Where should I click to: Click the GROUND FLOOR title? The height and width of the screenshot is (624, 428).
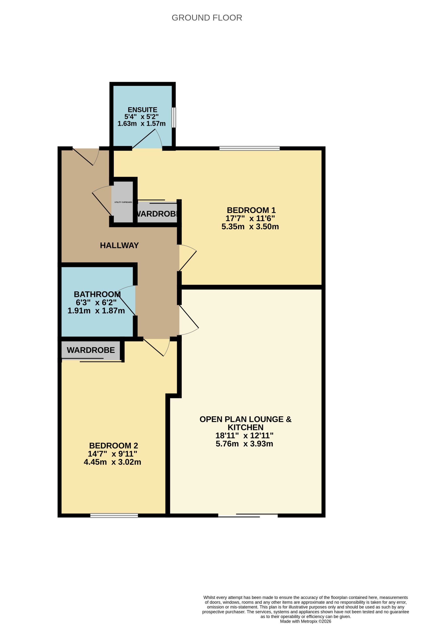(207, 18)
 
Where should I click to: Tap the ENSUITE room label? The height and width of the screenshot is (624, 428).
(143, 110)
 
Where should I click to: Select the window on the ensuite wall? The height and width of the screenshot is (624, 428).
(174, 117)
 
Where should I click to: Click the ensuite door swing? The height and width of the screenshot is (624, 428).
(147, 139)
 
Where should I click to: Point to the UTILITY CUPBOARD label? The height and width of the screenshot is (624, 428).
(123, 202)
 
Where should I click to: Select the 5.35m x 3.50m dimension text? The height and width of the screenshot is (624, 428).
(250, 227)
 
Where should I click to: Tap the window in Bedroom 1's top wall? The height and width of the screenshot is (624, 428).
(249, 148)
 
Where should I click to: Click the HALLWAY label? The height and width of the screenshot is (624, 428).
(119, 245)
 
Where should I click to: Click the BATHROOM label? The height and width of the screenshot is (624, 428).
(97, 294)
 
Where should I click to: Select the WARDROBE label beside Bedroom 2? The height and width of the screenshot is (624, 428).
(91, 350)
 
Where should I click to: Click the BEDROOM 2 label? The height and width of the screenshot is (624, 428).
(114, 446)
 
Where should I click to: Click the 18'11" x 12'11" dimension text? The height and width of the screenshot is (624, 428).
(245, 436)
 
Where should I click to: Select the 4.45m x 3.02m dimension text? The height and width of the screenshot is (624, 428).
(113, 462)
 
